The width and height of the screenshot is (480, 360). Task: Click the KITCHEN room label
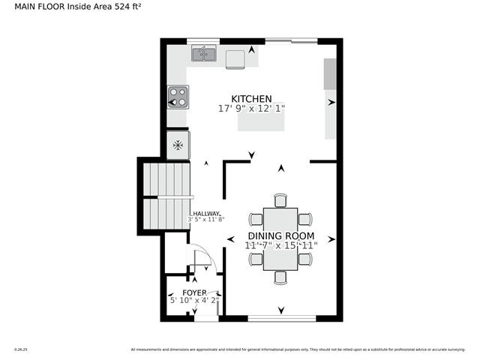click(x=251, y=99)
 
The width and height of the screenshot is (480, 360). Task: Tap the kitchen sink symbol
click(x=203, y=53)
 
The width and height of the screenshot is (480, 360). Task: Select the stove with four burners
click(x=178, y=96)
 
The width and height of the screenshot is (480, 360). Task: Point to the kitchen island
click(x=261, y=121)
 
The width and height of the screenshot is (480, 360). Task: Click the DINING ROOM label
click(x=282, y=235)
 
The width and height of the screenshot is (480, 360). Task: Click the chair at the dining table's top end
click(x=280, y=199)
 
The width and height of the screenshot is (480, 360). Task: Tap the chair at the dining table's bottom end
click(x=280, y=277)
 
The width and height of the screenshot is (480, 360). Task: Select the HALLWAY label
click(x=206, y=214)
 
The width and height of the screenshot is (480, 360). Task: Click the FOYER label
click(x=194, y=292)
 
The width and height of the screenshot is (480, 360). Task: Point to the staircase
click(x=169, y=197)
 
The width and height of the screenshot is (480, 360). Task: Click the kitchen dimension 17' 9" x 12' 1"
click(x=251, y=109)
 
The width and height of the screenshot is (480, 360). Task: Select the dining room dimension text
click(x=282, y=245)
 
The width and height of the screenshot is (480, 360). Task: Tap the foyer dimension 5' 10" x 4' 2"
click(x=193, y=301)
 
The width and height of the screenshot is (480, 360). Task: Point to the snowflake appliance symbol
click(x=178, y=145)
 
